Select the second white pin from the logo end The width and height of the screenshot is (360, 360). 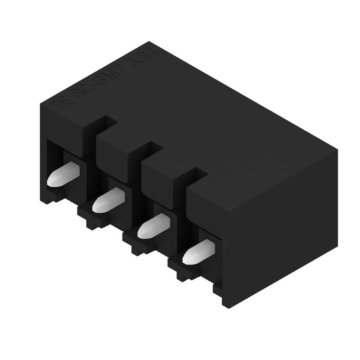pos(108,200)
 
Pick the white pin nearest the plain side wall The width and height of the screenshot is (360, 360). pos(198,252)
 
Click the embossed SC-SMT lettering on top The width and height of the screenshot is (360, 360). pos(97,79)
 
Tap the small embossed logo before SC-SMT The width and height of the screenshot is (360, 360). pos(60,103)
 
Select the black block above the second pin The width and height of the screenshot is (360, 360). pos(115,157)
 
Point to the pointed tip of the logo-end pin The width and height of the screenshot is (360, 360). pos(51,182)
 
